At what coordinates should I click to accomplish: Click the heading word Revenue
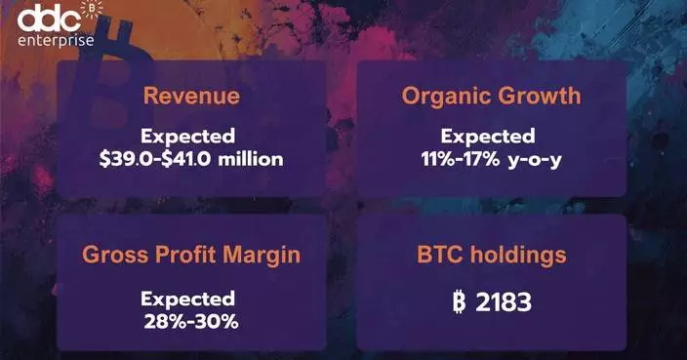tap(191, 97)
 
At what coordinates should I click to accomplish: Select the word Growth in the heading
tap(541, 96)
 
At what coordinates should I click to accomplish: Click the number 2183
tap(504, 302)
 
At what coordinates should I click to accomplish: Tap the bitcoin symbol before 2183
tap(459, 302)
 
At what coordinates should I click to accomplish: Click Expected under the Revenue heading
tap(187, 137)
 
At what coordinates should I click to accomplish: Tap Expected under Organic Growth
tap(487, 137)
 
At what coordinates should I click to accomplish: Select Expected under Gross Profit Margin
tap(187, 298)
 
